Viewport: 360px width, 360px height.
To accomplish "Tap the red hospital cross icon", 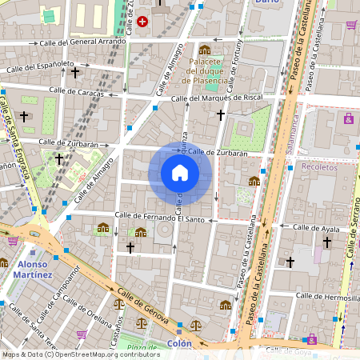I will pos(142,22).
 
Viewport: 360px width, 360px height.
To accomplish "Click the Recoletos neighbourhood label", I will pos(320,166).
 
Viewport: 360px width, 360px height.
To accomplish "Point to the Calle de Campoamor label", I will pos(76,283).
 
